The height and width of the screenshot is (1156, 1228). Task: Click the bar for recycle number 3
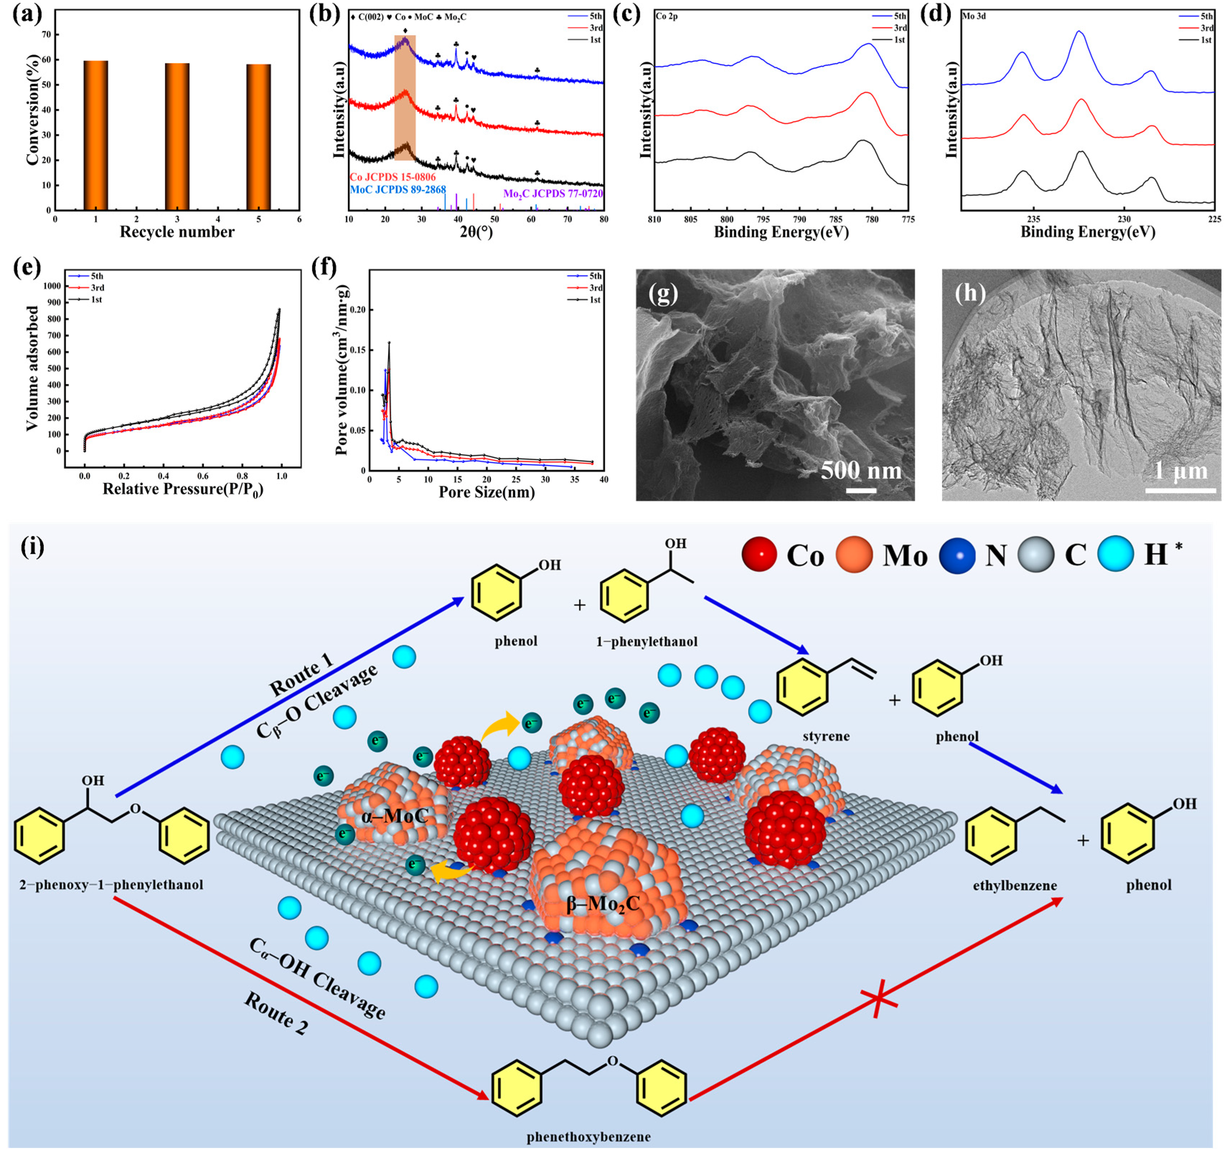(x=177, y=137)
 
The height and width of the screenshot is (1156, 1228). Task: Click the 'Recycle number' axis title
(x=177, y=232)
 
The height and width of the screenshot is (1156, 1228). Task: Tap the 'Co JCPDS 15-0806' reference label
(x=393, y=177)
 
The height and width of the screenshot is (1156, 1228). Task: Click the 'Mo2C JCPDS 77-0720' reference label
(x=553, y=193)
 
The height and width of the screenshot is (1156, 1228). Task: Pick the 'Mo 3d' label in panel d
(x=974, y=16)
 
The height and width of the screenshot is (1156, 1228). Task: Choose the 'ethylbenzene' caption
(x=1015, y=886)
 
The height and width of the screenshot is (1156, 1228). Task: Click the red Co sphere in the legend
(x=759, y=555)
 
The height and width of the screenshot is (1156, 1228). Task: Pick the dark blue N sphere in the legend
(x=957, y=555)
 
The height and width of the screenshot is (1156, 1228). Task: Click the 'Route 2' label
(x=276, y=1013)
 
